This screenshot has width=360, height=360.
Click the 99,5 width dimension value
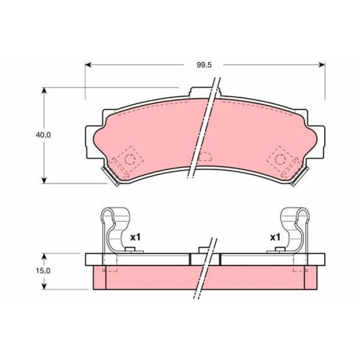pyautogui.click(x=204, y=65)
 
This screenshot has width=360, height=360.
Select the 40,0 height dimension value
pyautogui.click(x=43, y=135)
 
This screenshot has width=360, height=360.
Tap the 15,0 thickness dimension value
pyautogui.click(x=43, y=271)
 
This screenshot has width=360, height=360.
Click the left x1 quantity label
pyautogui.click(x=135, y=238)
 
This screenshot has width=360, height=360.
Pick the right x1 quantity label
pyautogui.click(x=275, y=238)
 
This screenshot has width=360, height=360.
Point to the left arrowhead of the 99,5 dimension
pyautogui.click(x=89, y=65)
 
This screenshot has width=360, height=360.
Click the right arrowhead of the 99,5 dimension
pyautogui.click(x=322, y=65)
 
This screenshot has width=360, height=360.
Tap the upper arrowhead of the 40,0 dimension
pyautogui.click(x=44, y=91)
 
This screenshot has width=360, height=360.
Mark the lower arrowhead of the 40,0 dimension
pyautogui.click(x=44, y=181)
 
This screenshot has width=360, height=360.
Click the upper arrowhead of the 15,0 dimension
pyautogui.click(x=44, y=256)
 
